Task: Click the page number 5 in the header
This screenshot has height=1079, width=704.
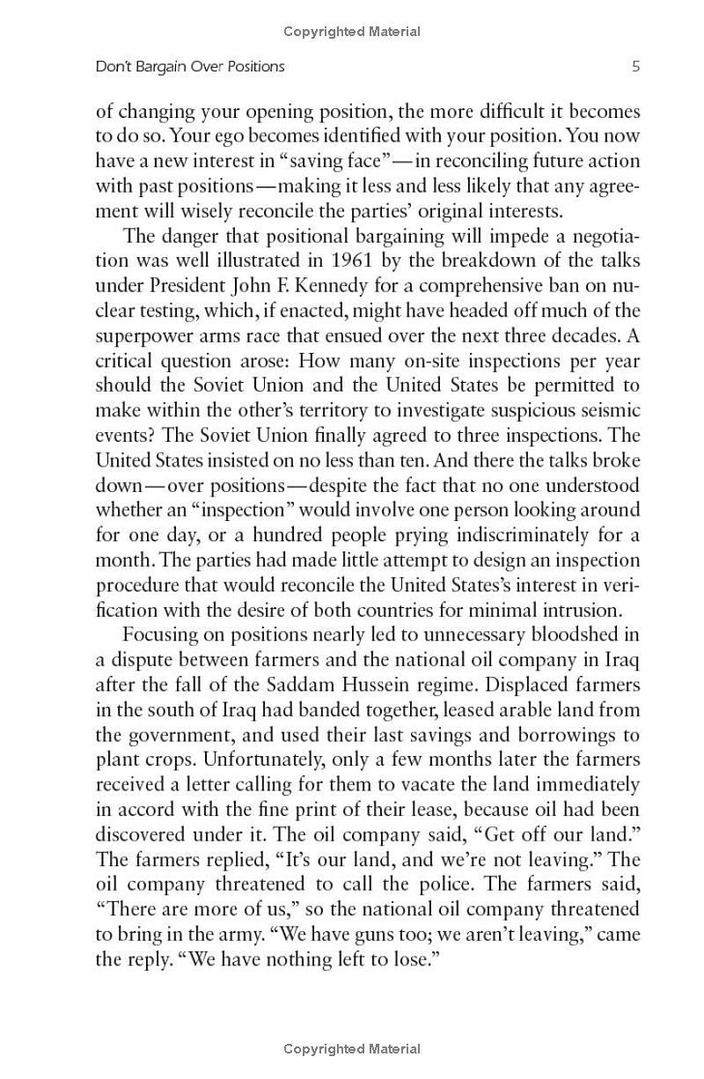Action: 635,66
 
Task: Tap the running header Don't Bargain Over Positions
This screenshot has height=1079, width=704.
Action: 190,66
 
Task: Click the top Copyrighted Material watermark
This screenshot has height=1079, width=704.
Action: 352,32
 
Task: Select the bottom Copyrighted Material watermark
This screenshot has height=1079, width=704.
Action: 352,1048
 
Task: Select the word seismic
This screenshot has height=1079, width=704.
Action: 608,411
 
